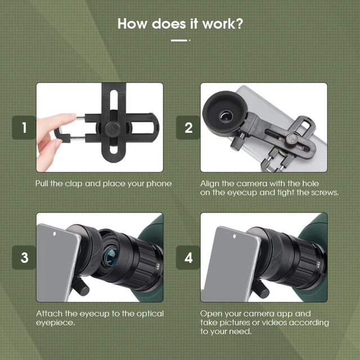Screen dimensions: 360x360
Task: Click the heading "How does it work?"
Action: click(180, 24)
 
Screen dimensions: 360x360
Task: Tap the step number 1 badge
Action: click(24, 128)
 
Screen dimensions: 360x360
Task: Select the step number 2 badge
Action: click(188, 128)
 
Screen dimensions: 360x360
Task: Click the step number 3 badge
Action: click(24, 258)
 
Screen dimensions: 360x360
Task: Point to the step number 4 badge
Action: click(188, 258)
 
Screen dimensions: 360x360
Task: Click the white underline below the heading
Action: click(179, 40)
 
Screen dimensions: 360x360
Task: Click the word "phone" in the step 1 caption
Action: click(160, 183)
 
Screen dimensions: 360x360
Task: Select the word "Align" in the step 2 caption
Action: click(210, 183)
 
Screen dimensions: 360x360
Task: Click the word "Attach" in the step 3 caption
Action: click(49, 313)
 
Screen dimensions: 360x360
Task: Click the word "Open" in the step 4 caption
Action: click(211, 313)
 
